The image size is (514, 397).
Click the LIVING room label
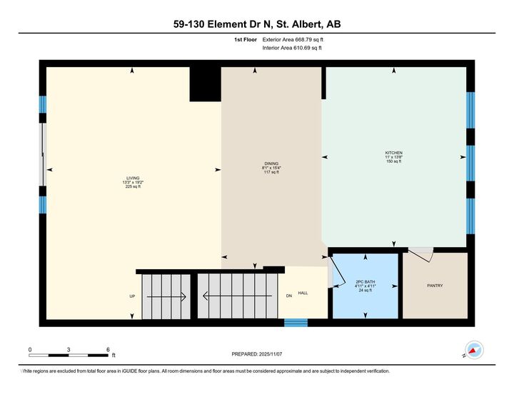tap(133, 178)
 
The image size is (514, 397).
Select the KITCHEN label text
tap(394, 153)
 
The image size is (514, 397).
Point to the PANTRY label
tap(435, 286)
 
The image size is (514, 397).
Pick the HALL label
tap(303, 293)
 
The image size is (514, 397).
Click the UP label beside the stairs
tap(132, 296)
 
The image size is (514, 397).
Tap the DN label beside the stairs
tap(288, 296)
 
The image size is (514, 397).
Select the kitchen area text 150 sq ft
tap(394, 162)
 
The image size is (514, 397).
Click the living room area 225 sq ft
tap(133, 187)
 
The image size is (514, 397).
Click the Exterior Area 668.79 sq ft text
tap(293, 40)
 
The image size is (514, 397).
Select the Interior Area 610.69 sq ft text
tap(292, 48)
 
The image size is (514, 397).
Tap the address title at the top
tap(257, 24)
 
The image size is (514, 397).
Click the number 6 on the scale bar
tap(107, 350)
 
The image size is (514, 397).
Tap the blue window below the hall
tap(296, 323)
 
